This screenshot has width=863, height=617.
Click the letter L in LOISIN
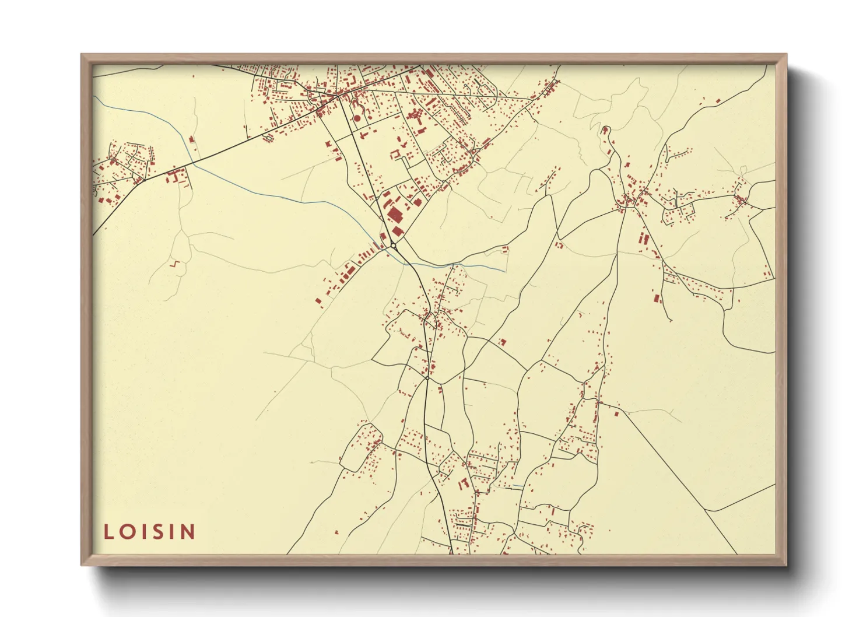[x=108, y=531]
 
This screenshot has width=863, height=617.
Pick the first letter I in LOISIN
[x=141, y=531]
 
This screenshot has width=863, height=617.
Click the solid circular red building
[x=357, y=118]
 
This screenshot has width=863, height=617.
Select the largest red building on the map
[x=395, y=215]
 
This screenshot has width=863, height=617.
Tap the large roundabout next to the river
[x=394, y=246]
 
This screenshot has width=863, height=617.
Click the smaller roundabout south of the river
[x=427, y=378]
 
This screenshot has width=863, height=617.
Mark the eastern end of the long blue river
[x=504, y=271]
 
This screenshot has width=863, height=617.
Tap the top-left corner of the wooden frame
[x=82, y=55]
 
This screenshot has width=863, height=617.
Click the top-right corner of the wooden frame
[x=787, y=55]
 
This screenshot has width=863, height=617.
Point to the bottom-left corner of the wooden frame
[x=82, y=565]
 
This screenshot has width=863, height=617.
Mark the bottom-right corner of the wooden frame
[x=787, y=565]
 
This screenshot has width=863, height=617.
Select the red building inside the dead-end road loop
[x=605, y=129]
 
